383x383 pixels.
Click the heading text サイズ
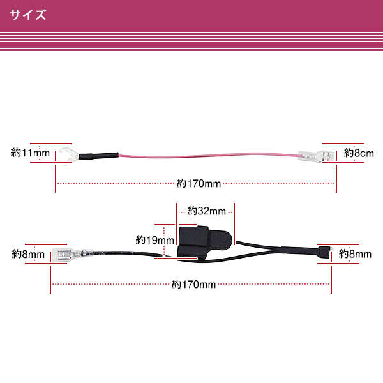pyautogui.click(x=28, y=15)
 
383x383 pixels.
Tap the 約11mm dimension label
pyautogui.click(x=31, y=153)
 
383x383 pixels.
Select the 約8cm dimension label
pyautogui.click(x=359, y=153)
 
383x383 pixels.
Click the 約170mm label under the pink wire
pyautogui.click(x=199, y=183)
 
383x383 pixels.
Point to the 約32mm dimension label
pyautogui.click(x=206, y=211)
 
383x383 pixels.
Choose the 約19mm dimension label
pyautogui.click(x=155, y=240)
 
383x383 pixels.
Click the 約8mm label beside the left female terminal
pyautogui.click(x=28, y=254)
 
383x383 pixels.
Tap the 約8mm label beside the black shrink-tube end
pyautogui.click(x=355, y=254)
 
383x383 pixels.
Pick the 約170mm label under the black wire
pyautogui.click(x=193, y=284)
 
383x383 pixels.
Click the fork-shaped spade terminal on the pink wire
pyautogui.click(x=68, y=156)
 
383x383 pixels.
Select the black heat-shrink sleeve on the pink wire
pyautogui.click(x=98, y=155)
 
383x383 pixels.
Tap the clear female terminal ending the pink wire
pyautogui.click(x=316, y=156)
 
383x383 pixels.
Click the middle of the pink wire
pyautogui.click(x=208, y=155)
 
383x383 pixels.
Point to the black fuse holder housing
pyautogui.click(x=205, y=241)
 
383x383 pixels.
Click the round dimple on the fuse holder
pyautogui.click(x=223, y=239)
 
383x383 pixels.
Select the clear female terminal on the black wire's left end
pyautogui.click(x=73, y=254)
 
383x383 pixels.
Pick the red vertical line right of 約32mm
pyautogui.click(x=234, y=224)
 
